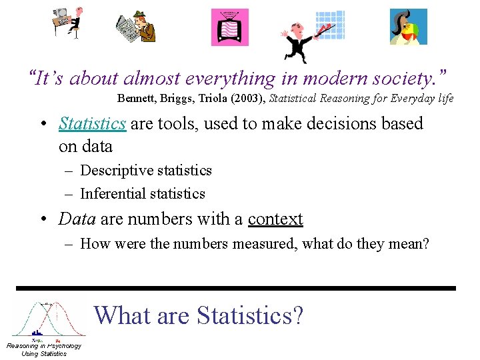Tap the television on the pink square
pyautogui.click(x=229, y=27)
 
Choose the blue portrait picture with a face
pyautogui.click(x=408, y=27)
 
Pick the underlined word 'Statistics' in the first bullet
pyautogui.click(x=92, y=124)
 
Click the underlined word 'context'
pyautogui.click(x=275, y=219)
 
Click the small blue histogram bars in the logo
pyautogui.click(x=37, y=332)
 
